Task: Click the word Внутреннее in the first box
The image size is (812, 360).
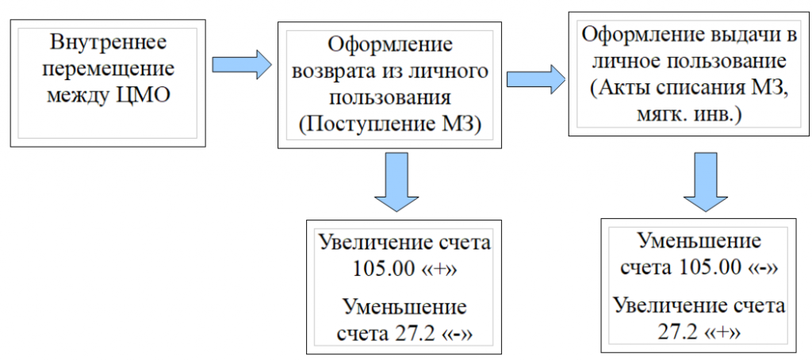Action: click(108, 42)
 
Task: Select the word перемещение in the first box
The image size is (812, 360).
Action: click(108, 69)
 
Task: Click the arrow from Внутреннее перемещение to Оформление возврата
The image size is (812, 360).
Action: click(242, 65)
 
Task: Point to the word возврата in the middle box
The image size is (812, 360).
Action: click(335, 71)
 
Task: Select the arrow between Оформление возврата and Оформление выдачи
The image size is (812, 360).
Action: click(536, 79)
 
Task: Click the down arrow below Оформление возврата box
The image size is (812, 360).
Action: click(396, 182)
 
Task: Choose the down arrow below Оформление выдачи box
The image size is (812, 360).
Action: click(705, 182)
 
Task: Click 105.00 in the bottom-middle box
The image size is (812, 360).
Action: click(385, 270)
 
